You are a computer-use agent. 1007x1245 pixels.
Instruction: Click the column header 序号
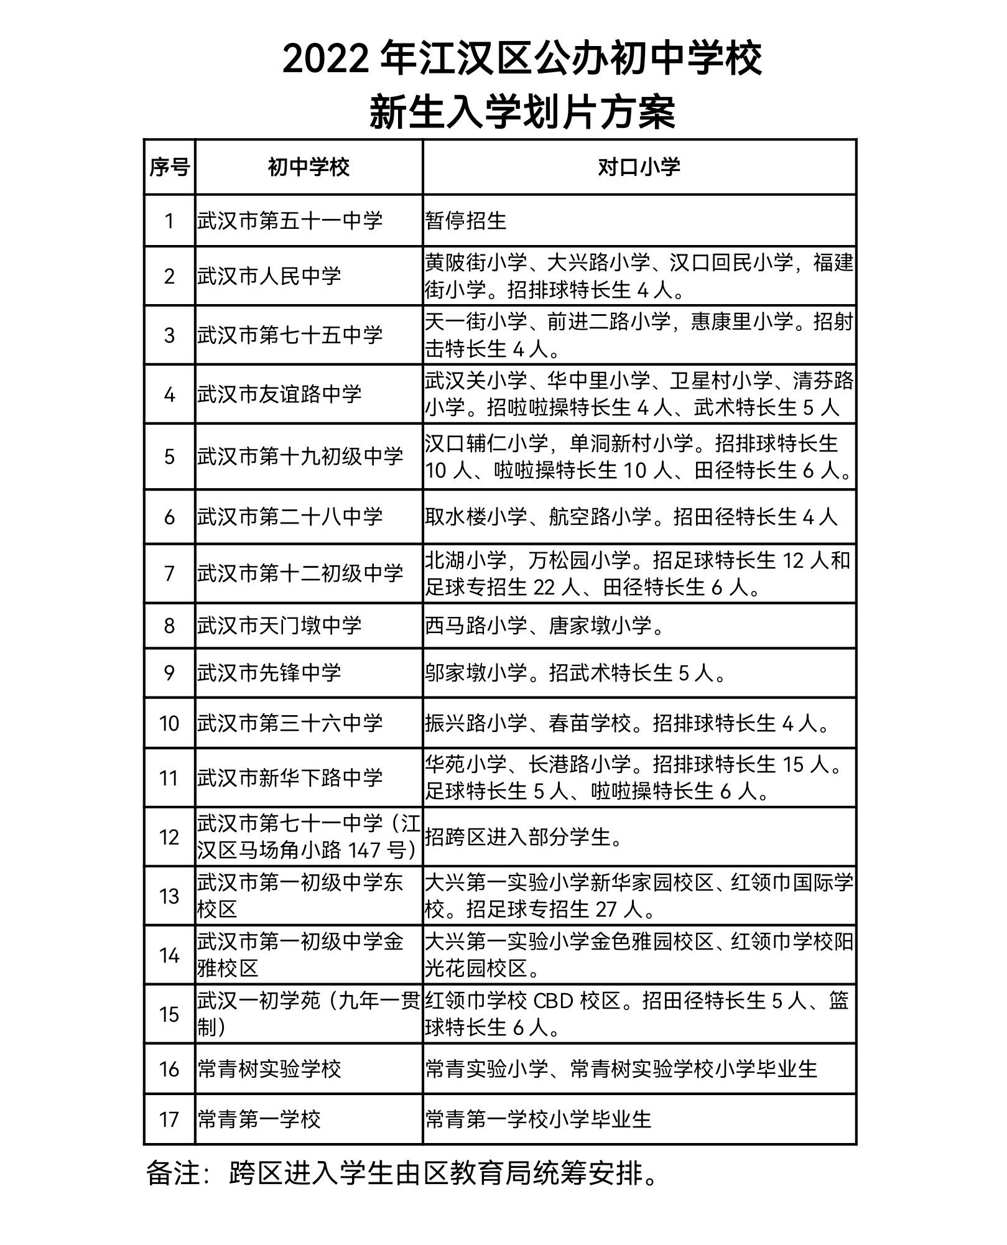(169, 167)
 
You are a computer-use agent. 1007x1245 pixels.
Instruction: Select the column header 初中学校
(309, 167)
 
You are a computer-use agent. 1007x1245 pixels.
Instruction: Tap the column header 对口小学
(639, 167)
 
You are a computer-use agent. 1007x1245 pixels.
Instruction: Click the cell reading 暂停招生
(466, 221)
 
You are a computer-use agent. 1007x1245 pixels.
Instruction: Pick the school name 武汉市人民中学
(269, 276)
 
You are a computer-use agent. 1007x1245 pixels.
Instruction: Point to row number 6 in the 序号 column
(169, 517)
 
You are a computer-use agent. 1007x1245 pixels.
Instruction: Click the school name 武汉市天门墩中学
(279, 626)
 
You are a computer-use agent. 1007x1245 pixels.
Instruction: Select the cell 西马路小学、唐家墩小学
(544, 626)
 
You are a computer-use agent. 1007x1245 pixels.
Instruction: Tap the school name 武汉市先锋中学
(269, 673)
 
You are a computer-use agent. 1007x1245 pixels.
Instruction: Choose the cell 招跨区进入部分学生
(524, 837)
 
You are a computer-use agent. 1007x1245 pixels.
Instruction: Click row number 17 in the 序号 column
(169, 1120)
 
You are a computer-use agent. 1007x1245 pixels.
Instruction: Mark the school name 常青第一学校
(259, 1120)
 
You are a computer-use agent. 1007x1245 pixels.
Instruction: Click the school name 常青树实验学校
(269, 1069)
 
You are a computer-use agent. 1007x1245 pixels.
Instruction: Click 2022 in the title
(326, 60)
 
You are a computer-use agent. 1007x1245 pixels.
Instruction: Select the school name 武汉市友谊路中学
(279, 394)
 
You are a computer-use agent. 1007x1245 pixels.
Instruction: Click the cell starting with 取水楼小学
(631, 517)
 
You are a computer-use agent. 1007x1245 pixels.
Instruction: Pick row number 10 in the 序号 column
(169, 723)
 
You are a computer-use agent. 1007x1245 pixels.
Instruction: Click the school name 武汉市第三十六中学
(290, 723)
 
